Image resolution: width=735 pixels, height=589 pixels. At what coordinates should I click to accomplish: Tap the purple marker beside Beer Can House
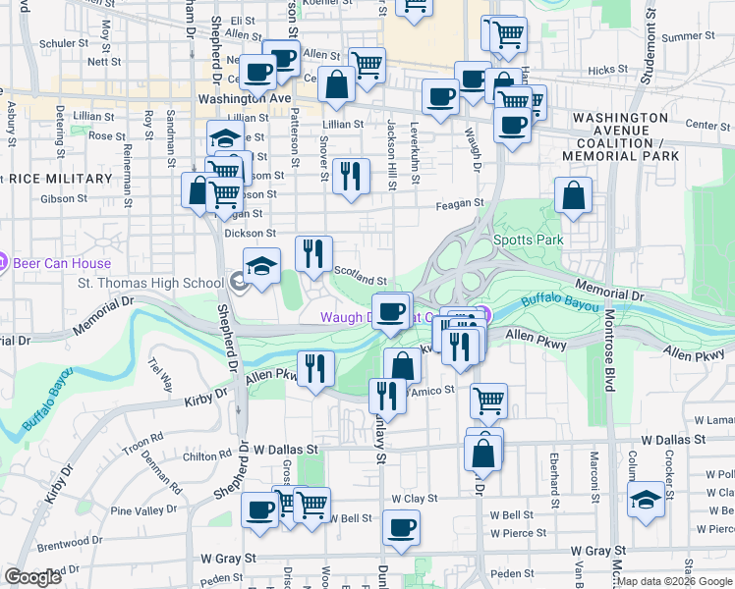tap(3, 263)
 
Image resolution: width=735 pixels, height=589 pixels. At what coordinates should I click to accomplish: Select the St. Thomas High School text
tap(150, 285)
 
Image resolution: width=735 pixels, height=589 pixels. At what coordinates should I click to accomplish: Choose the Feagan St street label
tap(461, 203)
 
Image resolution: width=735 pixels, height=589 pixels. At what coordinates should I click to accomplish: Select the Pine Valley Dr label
tap(141, 510)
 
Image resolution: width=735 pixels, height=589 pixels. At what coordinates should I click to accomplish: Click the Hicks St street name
tap(608, 70)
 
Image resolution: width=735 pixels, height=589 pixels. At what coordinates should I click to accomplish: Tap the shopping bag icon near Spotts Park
tap(573, 194)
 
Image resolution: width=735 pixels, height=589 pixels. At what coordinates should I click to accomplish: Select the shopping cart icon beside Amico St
tap(487, 399)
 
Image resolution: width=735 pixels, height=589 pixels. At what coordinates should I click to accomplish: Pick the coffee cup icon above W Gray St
tap(400, 527)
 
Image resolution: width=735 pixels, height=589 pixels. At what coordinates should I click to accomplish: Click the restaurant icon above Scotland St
tap(313, 253)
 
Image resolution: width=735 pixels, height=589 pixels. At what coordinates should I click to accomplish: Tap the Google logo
tap(33, 577)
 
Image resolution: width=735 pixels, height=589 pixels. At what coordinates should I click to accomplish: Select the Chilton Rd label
tap(206, 456)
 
